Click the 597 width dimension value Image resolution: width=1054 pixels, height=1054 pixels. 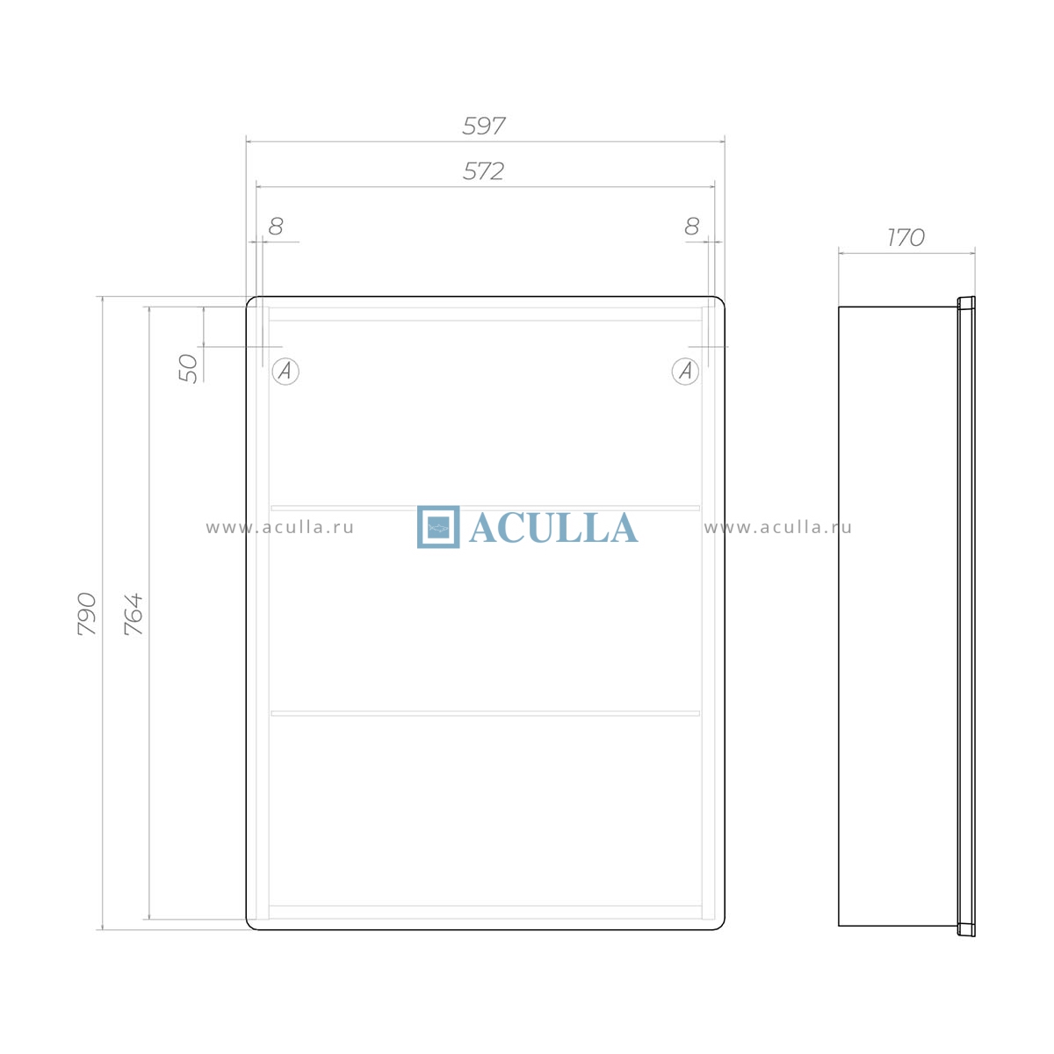(x=483, y=126)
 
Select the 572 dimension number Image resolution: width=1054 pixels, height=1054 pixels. (x=483, y=171)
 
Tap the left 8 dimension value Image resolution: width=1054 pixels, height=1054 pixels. (x=276, y=226)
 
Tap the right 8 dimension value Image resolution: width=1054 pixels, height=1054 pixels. (x=692, y=226)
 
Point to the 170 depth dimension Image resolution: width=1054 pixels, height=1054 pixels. (x=906, y=237)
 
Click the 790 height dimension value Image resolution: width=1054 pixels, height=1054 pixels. (x=87, y=614)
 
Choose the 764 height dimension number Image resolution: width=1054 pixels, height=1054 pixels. (x=134, y=614)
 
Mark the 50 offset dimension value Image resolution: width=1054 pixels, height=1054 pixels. (x=188, y=368)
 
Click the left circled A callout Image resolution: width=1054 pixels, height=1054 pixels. (x=285, y=372)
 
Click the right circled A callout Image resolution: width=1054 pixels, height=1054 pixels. (x=685, y=372)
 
